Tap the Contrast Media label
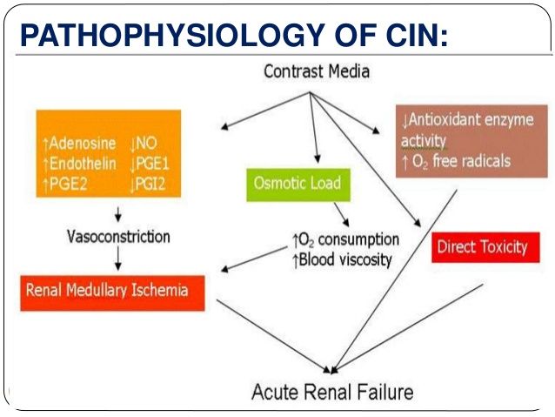pyautogui.click(x=317, y=71)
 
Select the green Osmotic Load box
pyautogui.click(x=298, y=185)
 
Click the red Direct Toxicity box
pyautogui.click(x=485, y=247)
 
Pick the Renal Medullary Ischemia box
pyautogui.click(x=112, y=293)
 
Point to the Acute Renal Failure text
pyautogui.click(x=332, y=393)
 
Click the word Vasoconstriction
pyautogui.click(x=118, y=236)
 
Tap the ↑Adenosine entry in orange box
pyautogui.click(x=79, y=144)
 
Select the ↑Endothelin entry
pyautogui.click(x=79, y=164)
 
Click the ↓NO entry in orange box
pyautogui.click(x=144, y=144)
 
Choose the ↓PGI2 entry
pyautogui.click(x=148, y=185)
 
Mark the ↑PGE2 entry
pyautogui.click(x=64, y=185)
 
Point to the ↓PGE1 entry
pyautogui.click(x=150, y=164)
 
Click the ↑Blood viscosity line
pyautogui.click(x=342, y=260)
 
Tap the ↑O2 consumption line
pyautogui.click(x=345, y=240)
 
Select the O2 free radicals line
pyautogui.click(x=457, y=162)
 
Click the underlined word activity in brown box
pyautogui.click(x=424, y=141)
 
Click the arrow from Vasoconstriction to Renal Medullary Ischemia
pyautogui.click(x=118, y=259)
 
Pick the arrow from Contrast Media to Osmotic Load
pyautogui.click(x=314, y=128)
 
